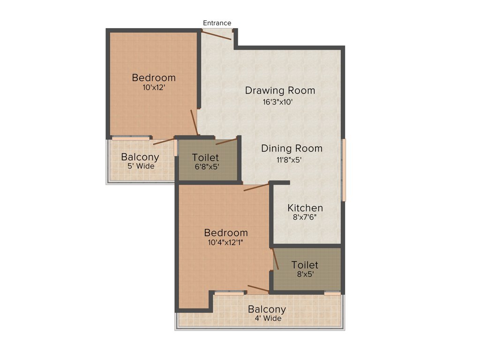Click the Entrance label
point(217,23)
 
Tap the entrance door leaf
point(217,36)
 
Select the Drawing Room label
point(280,90)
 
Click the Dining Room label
point(292,149)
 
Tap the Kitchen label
point(305,208)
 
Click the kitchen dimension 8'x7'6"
point(305,217)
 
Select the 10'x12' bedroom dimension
point(153,87)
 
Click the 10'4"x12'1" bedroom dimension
point(225,242)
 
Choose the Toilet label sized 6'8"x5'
point(205,158)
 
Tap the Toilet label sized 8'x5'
point(305,265)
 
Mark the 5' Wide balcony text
point(140,166)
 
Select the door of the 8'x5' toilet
point(276,259)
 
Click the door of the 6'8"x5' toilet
point(226,141)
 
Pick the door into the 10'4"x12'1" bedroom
point(256,187)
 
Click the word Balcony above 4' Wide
point(267,309)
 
